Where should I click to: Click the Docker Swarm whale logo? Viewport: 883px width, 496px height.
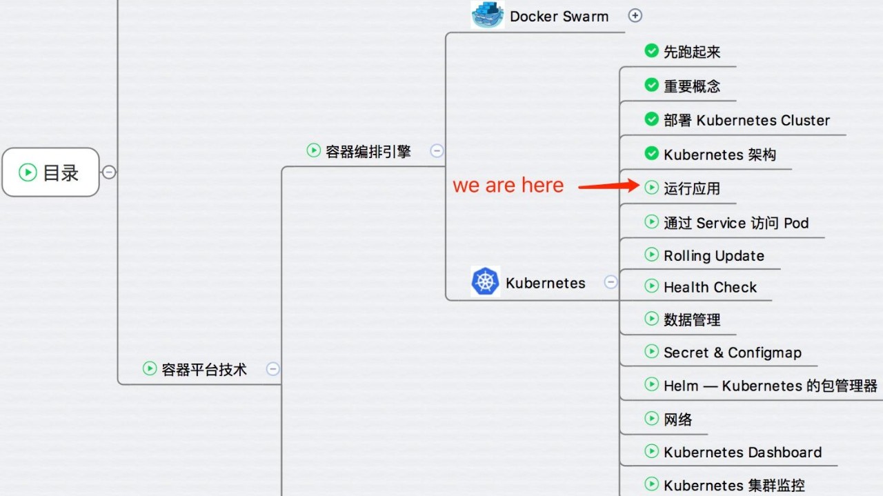(488, 14)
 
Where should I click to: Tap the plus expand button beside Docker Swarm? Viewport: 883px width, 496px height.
(635, 16)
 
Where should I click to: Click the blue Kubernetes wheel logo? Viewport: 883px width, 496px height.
(485, 281)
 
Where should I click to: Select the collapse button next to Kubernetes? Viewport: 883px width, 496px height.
(611, 282)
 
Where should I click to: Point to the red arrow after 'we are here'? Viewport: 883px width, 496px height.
(608, 186)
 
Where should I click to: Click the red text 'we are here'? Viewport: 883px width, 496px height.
(508, 186)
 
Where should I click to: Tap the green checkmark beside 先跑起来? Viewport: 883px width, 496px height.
(652, 50)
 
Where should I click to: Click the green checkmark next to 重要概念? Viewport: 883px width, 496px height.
(652, 85)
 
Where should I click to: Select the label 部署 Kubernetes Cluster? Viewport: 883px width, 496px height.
(746, 120)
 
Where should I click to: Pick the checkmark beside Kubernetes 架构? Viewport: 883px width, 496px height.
(652, 153)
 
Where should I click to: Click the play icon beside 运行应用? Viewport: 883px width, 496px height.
(652, 187)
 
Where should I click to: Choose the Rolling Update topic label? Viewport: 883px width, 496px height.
(714, 256)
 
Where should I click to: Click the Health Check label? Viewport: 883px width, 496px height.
(710, 288)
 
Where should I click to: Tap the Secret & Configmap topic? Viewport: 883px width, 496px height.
(733, 353)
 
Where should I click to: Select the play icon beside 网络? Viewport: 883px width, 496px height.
(652, 418)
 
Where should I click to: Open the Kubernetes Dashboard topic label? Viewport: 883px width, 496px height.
(743, 453)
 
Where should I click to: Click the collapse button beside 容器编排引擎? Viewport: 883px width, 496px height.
(437, 150)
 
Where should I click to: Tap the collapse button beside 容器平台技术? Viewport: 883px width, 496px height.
(272, 369)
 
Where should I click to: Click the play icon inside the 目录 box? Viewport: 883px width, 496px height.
(28, 172)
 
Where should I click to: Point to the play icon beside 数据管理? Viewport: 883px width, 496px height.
(652, 319)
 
